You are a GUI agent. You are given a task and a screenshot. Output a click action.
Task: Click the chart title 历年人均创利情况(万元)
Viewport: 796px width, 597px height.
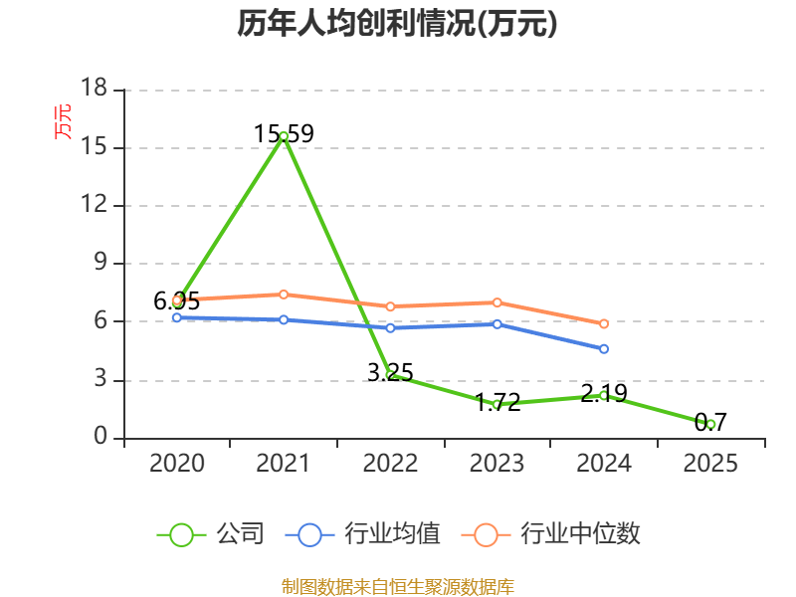(x=397, y=23)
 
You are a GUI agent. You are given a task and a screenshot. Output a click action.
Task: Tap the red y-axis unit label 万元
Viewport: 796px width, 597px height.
(x=63, y=121)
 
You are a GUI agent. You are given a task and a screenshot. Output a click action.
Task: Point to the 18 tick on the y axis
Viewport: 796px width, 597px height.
(x=94, y=88)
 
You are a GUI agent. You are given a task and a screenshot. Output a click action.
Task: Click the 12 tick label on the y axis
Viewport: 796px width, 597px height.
(x=94, y=204)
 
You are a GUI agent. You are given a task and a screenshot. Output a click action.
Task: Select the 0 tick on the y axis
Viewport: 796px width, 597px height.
(x=100, y=436)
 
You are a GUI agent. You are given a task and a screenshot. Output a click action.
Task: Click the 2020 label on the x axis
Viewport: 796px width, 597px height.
(x=177, y=463)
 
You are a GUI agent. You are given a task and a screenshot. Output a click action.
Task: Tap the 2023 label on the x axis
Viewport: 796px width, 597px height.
(x=497, y=463)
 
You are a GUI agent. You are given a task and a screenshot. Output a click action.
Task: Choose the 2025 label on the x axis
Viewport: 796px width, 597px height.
(x=710, y=463)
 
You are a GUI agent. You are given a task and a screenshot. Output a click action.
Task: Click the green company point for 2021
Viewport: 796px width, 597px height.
(x=284, y=136)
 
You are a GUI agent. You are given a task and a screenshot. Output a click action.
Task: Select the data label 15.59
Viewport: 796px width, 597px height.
(x=284, y=134)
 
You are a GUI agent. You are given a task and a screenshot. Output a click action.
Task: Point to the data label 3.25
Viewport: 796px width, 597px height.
(x=390, y=373)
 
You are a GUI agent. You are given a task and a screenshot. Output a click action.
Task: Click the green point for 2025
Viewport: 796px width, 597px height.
(x=710, y=425)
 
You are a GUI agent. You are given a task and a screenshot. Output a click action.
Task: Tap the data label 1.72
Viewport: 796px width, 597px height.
(x=498, y=403)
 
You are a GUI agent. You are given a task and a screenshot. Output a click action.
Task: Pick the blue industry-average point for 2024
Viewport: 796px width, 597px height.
(x=604, y=349)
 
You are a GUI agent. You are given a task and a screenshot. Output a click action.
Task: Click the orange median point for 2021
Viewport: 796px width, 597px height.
(x=284, y=295)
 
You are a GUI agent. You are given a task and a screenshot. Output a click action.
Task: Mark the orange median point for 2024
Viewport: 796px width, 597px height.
(x=604, y=324)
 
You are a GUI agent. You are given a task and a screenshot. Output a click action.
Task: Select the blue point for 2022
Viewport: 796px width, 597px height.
(x=390, y=328)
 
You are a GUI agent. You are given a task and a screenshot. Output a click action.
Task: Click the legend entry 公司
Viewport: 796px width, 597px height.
(x=210, y=534)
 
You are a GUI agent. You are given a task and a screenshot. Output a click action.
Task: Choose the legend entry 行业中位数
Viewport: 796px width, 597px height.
(x=551, y=534)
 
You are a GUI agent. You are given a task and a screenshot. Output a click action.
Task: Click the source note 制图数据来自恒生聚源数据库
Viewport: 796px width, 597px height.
(x=398, y=587)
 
